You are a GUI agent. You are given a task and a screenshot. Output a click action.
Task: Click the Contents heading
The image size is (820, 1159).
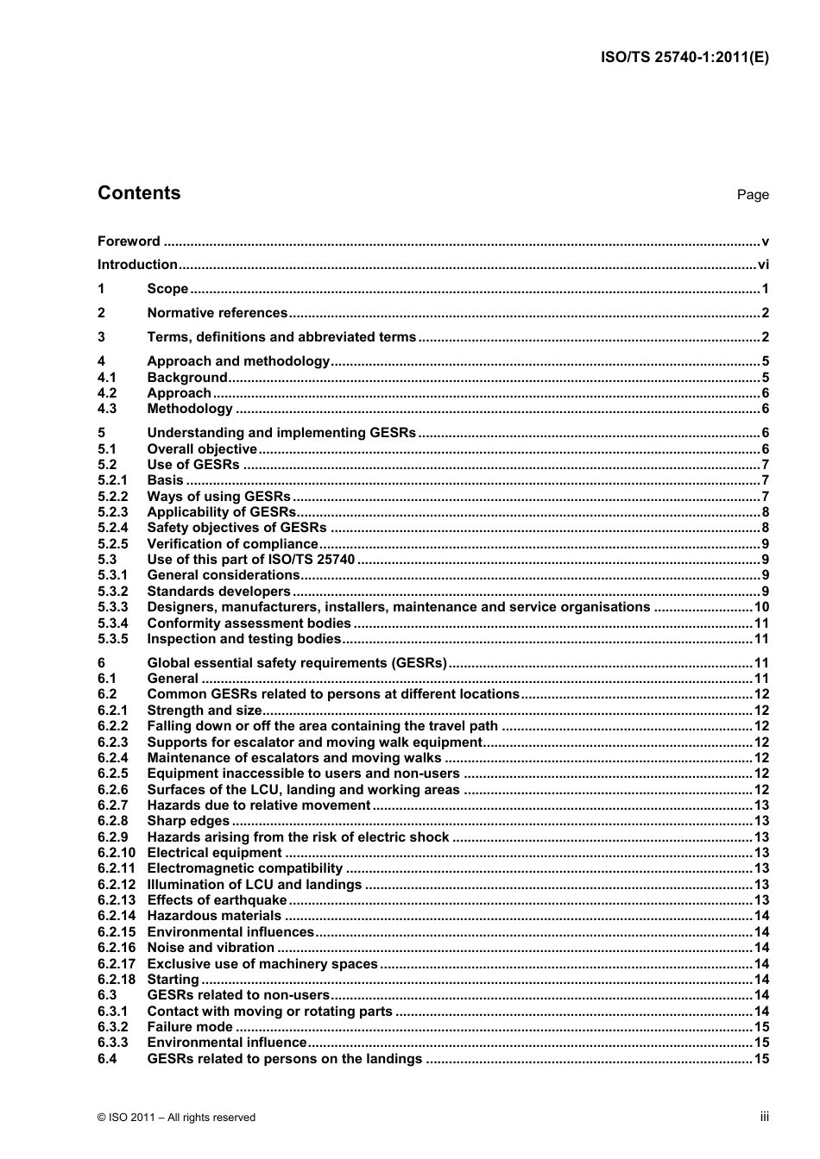coord(139,193)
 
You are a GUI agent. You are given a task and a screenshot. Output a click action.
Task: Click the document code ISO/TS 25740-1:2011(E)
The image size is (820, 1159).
coord(684,58)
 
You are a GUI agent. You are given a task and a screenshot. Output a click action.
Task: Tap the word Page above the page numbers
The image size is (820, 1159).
coord(752,195)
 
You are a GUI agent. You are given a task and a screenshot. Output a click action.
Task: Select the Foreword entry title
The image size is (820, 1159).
coord(129,241)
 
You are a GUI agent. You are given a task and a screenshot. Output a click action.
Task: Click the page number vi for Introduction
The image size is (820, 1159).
coord(762,266)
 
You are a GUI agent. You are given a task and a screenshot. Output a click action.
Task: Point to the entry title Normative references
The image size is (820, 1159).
coord(217,313)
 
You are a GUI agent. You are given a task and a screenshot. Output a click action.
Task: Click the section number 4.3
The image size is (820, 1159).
coord(107,409)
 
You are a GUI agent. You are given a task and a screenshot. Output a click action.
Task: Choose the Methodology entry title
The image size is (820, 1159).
coord(190,409)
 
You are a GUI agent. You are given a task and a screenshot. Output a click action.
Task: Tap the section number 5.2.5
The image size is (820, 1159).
coord(112,544)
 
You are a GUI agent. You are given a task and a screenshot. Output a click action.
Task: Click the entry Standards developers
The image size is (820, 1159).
coord(218,592)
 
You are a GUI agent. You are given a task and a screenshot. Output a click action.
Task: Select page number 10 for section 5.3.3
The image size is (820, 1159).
coord(761,607)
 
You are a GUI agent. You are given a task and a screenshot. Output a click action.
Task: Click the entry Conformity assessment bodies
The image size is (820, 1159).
coord(249,623)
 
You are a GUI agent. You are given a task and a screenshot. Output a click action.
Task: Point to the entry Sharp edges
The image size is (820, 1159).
coord(188,822)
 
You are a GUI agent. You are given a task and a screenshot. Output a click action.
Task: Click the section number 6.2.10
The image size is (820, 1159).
coord(117,853)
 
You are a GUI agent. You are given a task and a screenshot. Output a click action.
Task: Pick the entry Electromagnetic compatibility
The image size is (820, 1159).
coord(245,868)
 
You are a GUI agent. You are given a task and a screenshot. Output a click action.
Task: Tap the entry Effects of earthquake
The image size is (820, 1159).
coord(217,900)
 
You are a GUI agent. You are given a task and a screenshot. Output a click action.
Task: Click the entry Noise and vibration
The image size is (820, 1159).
coord(211,948)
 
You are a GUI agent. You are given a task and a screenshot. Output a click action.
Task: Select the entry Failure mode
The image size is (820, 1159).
coord(190,1027)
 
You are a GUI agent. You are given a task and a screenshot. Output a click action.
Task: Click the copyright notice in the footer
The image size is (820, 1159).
coord(176,1118)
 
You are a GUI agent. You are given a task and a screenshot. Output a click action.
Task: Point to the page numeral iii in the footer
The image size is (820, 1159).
coord(764,1117)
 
